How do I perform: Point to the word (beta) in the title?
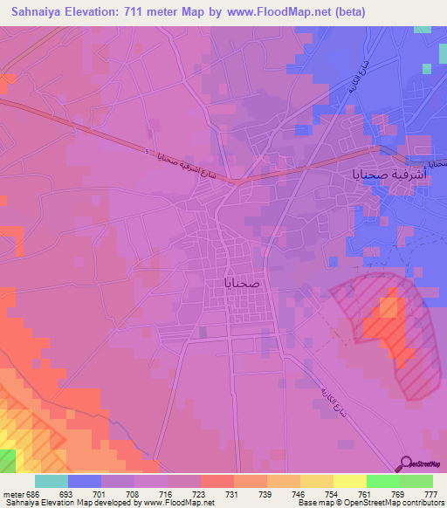tap(347, 12)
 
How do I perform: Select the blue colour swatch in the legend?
tap(85, 481)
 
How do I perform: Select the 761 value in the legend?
tap(365, 493)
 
